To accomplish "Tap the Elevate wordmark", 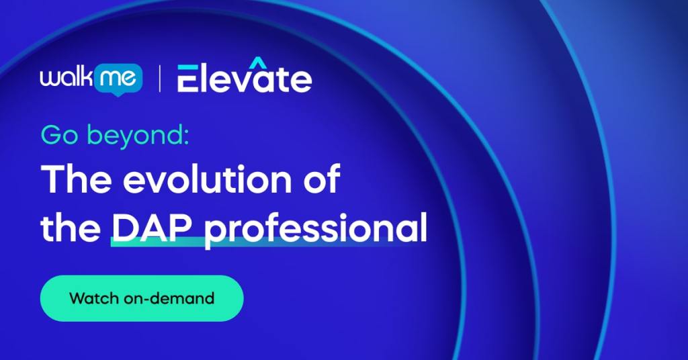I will [245, 78].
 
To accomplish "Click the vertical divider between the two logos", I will [160, 79].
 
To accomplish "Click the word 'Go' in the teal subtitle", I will [56, 136].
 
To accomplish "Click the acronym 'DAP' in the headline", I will [153, 228].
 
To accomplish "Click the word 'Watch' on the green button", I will [95, 298].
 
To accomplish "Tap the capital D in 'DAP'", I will [125, 228].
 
